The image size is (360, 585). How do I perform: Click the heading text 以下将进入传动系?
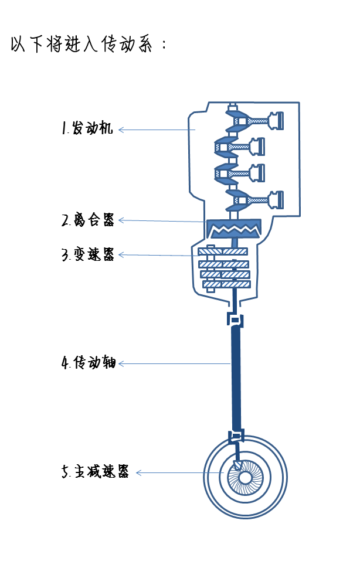(x=88, y=45)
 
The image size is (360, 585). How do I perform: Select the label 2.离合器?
(x=88, y=220)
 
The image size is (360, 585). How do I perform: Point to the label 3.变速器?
(x=88, y=255)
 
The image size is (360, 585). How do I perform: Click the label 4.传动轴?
(x=88, y=363)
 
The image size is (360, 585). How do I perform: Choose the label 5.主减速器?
(x=95, y=472)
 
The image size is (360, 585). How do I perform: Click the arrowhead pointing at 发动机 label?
(x=121, y=130)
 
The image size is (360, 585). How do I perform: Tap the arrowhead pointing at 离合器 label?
(x=121, y=220)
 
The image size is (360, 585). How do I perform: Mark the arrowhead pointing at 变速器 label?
(x=121, y=255)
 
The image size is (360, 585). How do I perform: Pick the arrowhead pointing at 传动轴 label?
(x=121, y=364)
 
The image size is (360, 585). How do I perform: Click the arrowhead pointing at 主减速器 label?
(x=139, y=473)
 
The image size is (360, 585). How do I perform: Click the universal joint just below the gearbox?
(x=235, y=319)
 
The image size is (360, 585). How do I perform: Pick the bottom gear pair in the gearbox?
(x=226, y=284)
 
